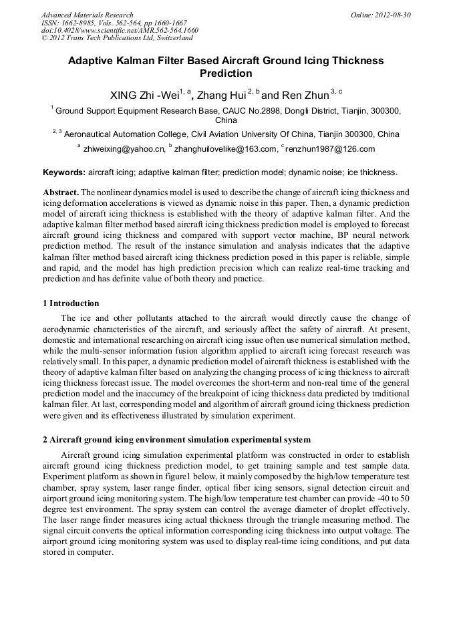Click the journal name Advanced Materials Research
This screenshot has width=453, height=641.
[x=87, y=15]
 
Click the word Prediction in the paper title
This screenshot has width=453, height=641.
[x=226, y=74]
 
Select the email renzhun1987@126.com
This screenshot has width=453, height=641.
[x=330, y=149]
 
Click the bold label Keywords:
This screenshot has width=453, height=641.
[x=63, y=172]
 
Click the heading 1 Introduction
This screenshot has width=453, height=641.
[x=71, y=303]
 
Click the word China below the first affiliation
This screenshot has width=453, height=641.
[x=226, y=121]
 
